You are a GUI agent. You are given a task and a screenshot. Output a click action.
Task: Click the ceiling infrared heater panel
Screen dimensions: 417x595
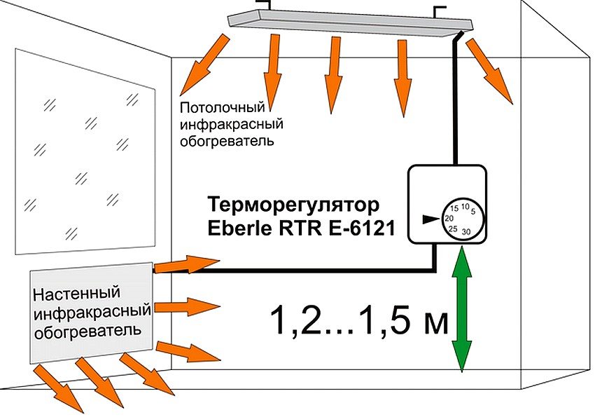pyautogui.click(x=350, y=22)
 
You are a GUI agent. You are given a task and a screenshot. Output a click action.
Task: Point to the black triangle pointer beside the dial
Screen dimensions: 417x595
pyautogui.click(x=428, y=219)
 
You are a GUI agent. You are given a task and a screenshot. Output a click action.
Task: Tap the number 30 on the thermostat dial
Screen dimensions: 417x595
pyautogui.click(x=467, y=232)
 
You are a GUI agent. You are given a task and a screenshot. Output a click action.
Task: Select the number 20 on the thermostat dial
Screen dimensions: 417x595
pyautogui.click(x=449, y=219)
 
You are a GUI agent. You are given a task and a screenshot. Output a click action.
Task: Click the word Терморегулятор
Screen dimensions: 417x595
pyautogui.click(x=294, y=205)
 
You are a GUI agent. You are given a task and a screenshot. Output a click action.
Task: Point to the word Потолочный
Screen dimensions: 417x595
pyautogui.click(x=223, y=109)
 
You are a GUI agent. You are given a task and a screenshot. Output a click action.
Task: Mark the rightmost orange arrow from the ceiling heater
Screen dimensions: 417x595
pyautogui.click(x=490, y=69)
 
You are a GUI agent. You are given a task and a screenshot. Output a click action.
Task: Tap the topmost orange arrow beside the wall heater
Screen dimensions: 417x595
pyautogui.click(x=185, y=264)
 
